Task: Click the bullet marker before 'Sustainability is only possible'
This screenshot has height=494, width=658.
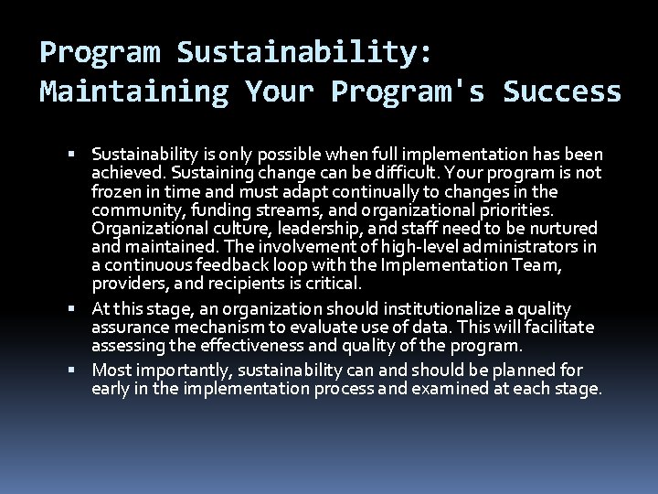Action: coord(81,155)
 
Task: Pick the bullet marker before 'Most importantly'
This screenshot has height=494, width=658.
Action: coord(81,370)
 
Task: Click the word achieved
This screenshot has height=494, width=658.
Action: coord(125,173)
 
